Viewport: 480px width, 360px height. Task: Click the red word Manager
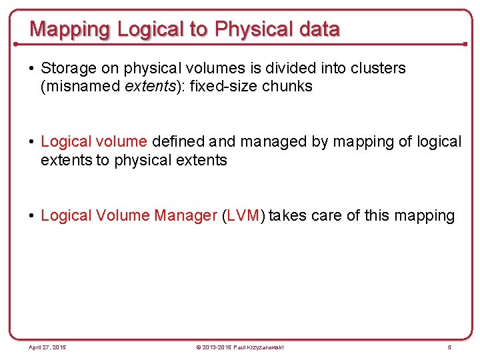pos(185,215)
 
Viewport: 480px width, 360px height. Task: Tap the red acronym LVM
pos(243,215)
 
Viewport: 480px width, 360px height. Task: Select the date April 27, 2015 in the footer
pos(47,347)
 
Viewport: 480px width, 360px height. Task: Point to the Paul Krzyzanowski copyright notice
pos(239,347)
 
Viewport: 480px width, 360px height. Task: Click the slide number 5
pos(449,347)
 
